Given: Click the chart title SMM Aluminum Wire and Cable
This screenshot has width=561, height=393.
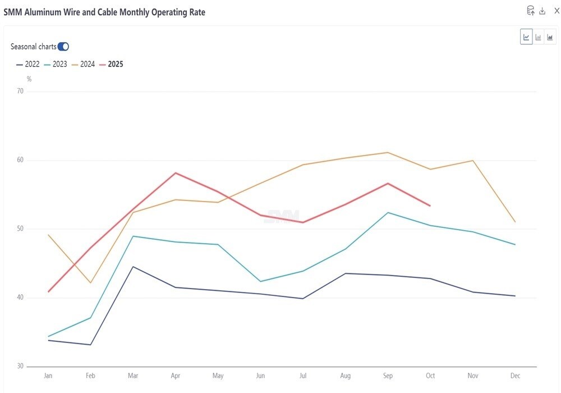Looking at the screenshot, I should click(x=104, y=12).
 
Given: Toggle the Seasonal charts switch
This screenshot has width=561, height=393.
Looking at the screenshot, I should click(x=63, y=47).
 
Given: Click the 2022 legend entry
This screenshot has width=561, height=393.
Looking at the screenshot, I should click(x=28, y=64).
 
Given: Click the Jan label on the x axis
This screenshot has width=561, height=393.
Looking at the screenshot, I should click(x=48, y=376).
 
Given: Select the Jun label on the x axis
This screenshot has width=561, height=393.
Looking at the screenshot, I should click(x=260, y=376).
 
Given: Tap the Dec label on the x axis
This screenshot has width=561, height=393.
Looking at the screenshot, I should click(x=515, y=376).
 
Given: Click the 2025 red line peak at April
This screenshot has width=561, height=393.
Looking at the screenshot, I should click(x=176, y=173).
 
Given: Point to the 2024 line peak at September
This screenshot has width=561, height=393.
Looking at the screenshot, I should click(x=388, y=152).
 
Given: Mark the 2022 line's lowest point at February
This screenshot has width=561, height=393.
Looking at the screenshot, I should click(x=91, y=345).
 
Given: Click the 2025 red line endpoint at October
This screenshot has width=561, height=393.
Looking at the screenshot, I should click(x=430, y=206).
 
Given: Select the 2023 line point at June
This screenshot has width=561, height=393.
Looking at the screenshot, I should click(x=260, y=281).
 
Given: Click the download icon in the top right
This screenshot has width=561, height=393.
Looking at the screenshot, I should click(x=542, y=11).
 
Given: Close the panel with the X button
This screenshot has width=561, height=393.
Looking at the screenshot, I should click(x=557, y=11).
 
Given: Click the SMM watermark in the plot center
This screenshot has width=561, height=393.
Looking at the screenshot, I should click(x=282, y=216).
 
